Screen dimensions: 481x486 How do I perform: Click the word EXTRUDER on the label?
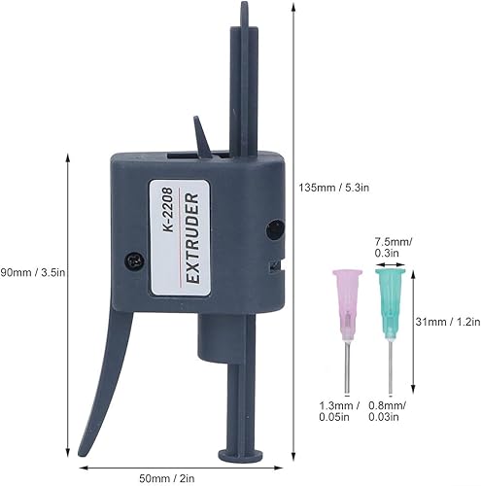point(193,238)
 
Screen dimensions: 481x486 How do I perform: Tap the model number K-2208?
point(169,210)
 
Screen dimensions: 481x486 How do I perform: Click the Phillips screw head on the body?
point(135,260)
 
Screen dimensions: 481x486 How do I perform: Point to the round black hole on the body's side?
point(275,229)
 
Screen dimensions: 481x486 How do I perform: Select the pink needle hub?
point(347,304)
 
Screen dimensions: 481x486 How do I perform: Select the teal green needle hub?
point(390,304)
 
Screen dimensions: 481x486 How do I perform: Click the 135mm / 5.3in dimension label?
point(333,188)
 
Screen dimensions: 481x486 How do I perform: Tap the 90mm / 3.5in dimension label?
point(32,272)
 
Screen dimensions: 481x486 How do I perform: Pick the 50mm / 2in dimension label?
point(167,478)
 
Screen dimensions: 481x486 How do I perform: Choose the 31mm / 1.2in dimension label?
point(448,322)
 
